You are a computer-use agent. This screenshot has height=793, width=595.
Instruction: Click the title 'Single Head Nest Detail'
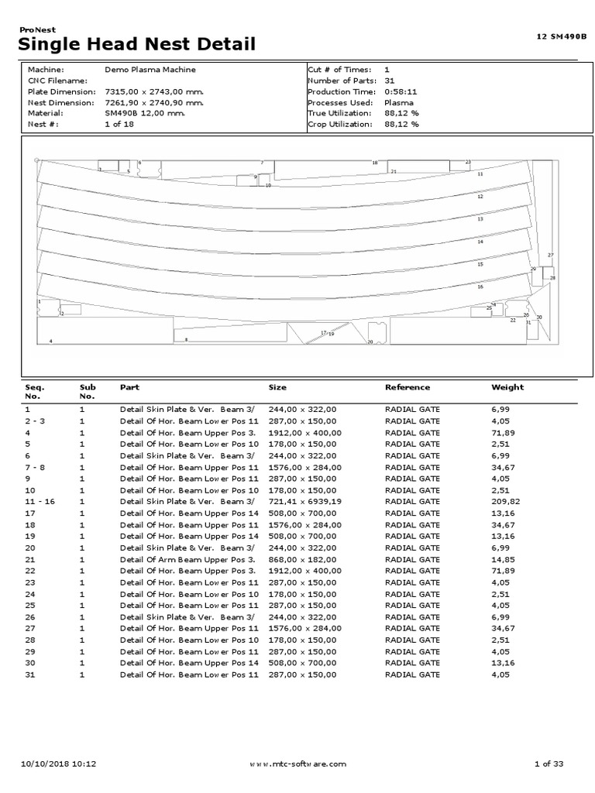click(136, 46)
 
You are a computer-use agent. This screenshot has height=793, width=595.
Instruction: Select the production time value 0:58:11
click(399, 91)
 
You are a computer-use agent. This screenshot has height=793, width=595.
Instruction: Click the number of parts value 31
click(389, 81)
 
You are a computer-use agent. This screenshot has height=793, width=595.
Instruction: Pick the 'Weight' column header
click(507, 387)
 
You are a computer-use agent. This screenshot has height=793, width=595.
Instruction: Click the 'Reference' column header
click(407, 387)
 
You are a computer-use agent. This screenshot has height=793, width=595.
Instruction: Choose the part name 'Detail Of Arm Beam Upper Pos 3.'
click(187, 559)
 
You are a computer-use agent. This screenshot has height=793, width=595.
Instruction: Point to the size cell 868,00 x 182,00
click(302, 559)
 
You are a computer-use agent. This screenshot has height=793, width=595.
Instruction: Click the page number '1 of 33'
click(549, 764)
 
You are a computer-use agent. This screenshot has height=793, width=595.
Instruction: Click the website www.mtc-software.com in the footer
click(297, 764)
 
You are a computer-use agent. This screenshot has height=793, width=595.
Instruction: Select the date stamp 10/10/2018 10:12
click(60, 764)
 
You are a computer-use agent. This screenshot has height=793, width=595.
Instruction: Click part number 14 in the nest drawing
click(480, 242)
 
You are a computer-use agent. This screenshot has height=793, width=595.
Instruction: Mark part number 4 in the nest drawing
click(51, 341)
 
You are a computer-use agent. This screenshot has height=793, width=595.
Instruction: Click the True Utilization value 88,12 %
click(401, 113)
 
